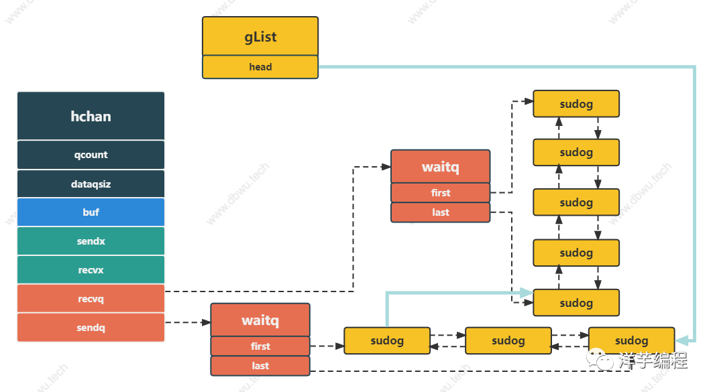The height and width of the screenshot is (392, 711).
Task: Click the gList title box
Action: [260, 36]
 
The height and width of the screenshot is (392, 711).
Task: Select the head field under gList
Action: [260, 67]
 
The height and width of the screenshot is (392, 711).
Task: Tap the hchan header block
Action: [91, 116]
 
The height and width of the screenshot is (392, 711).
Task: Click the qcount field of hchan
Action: [91, 155]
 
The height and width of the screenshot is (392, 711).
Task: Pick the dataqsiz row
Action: [91, 184]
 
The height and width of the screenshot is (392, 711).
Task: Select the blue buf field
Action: [91, 212]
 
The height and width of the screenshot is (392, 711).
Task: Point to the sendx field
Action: [91, 241]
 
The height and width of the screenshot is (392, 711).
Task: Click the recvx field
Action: [91, 270]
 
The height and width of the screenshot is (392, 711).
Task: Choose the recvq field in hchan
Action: [91, 299]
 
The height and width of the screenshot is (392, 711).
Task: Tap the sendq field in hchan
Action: [91, 327]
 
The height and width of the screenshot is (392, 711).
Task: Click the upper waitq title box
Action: [440, 167]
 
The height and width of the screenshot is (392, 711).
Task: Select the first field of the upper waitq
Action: [440, 192]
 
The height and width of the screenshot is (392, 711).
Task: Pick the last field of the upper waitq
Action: [440, 212]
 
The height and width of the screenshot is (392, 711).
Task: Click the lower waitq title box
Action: [260, 320]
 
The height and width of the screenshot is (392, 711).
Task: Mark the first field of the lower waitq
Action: [260, 346]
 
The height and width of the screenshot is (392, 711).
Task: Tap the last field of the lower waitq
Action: [260, 366]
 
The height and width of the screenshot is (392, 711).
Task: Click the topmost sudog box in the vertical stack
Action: [576, 104]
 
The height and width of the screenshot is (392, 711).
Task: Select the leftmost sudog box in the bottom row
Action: [387, 340]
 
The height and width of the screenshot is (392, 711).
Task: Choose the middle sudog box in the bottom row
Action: [508, 340]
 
